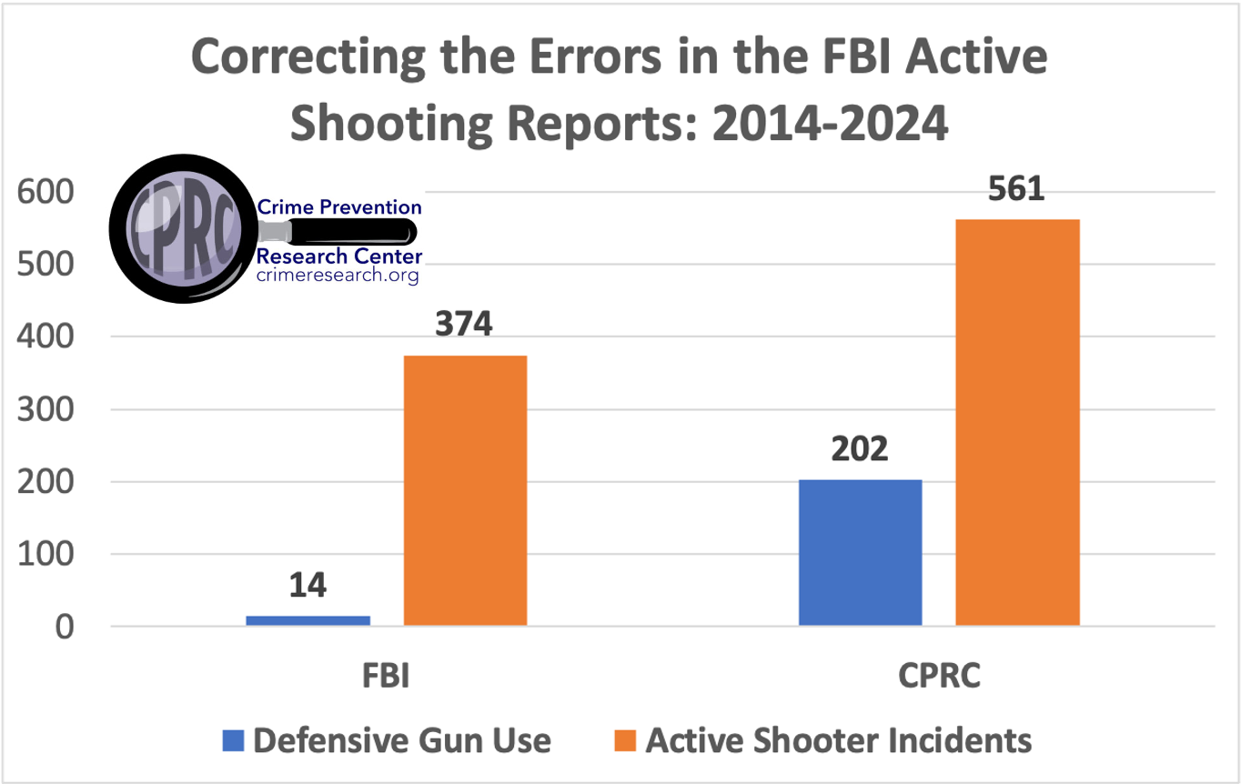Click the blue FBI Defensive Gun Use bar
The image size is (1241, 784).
pyautogui.click(x=308, y=620)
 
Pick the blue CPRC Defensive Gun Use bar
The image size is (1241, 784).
pyautogui.click(x=860, y=552)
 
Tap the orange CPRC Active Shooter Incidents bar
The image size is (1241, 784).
pyautogui.click(x=1017, y=422)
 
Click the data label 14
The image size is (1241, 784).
pyautogui.click(x=308, y=585)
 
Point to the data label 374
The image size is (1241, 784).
pyautogui.click(x=465, y=324)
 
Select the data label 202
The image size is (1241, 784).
pyautogui.click(x=860, y=448)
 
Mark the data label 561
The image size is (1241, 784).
pyautogui.click(x=1017, y=188)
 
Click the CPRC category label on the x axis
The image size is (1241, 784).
pyautogui.click(x=939, y=678)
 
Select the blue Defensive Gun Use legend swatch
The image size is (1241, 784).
pyautogui.click(x=233, y=739)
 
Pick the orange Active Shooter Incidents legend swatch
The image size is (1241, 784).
pyautogui.click(x=625, y=739)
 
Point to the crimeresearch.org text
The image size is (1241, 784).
pyautogui.click(x=338, y=275)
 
